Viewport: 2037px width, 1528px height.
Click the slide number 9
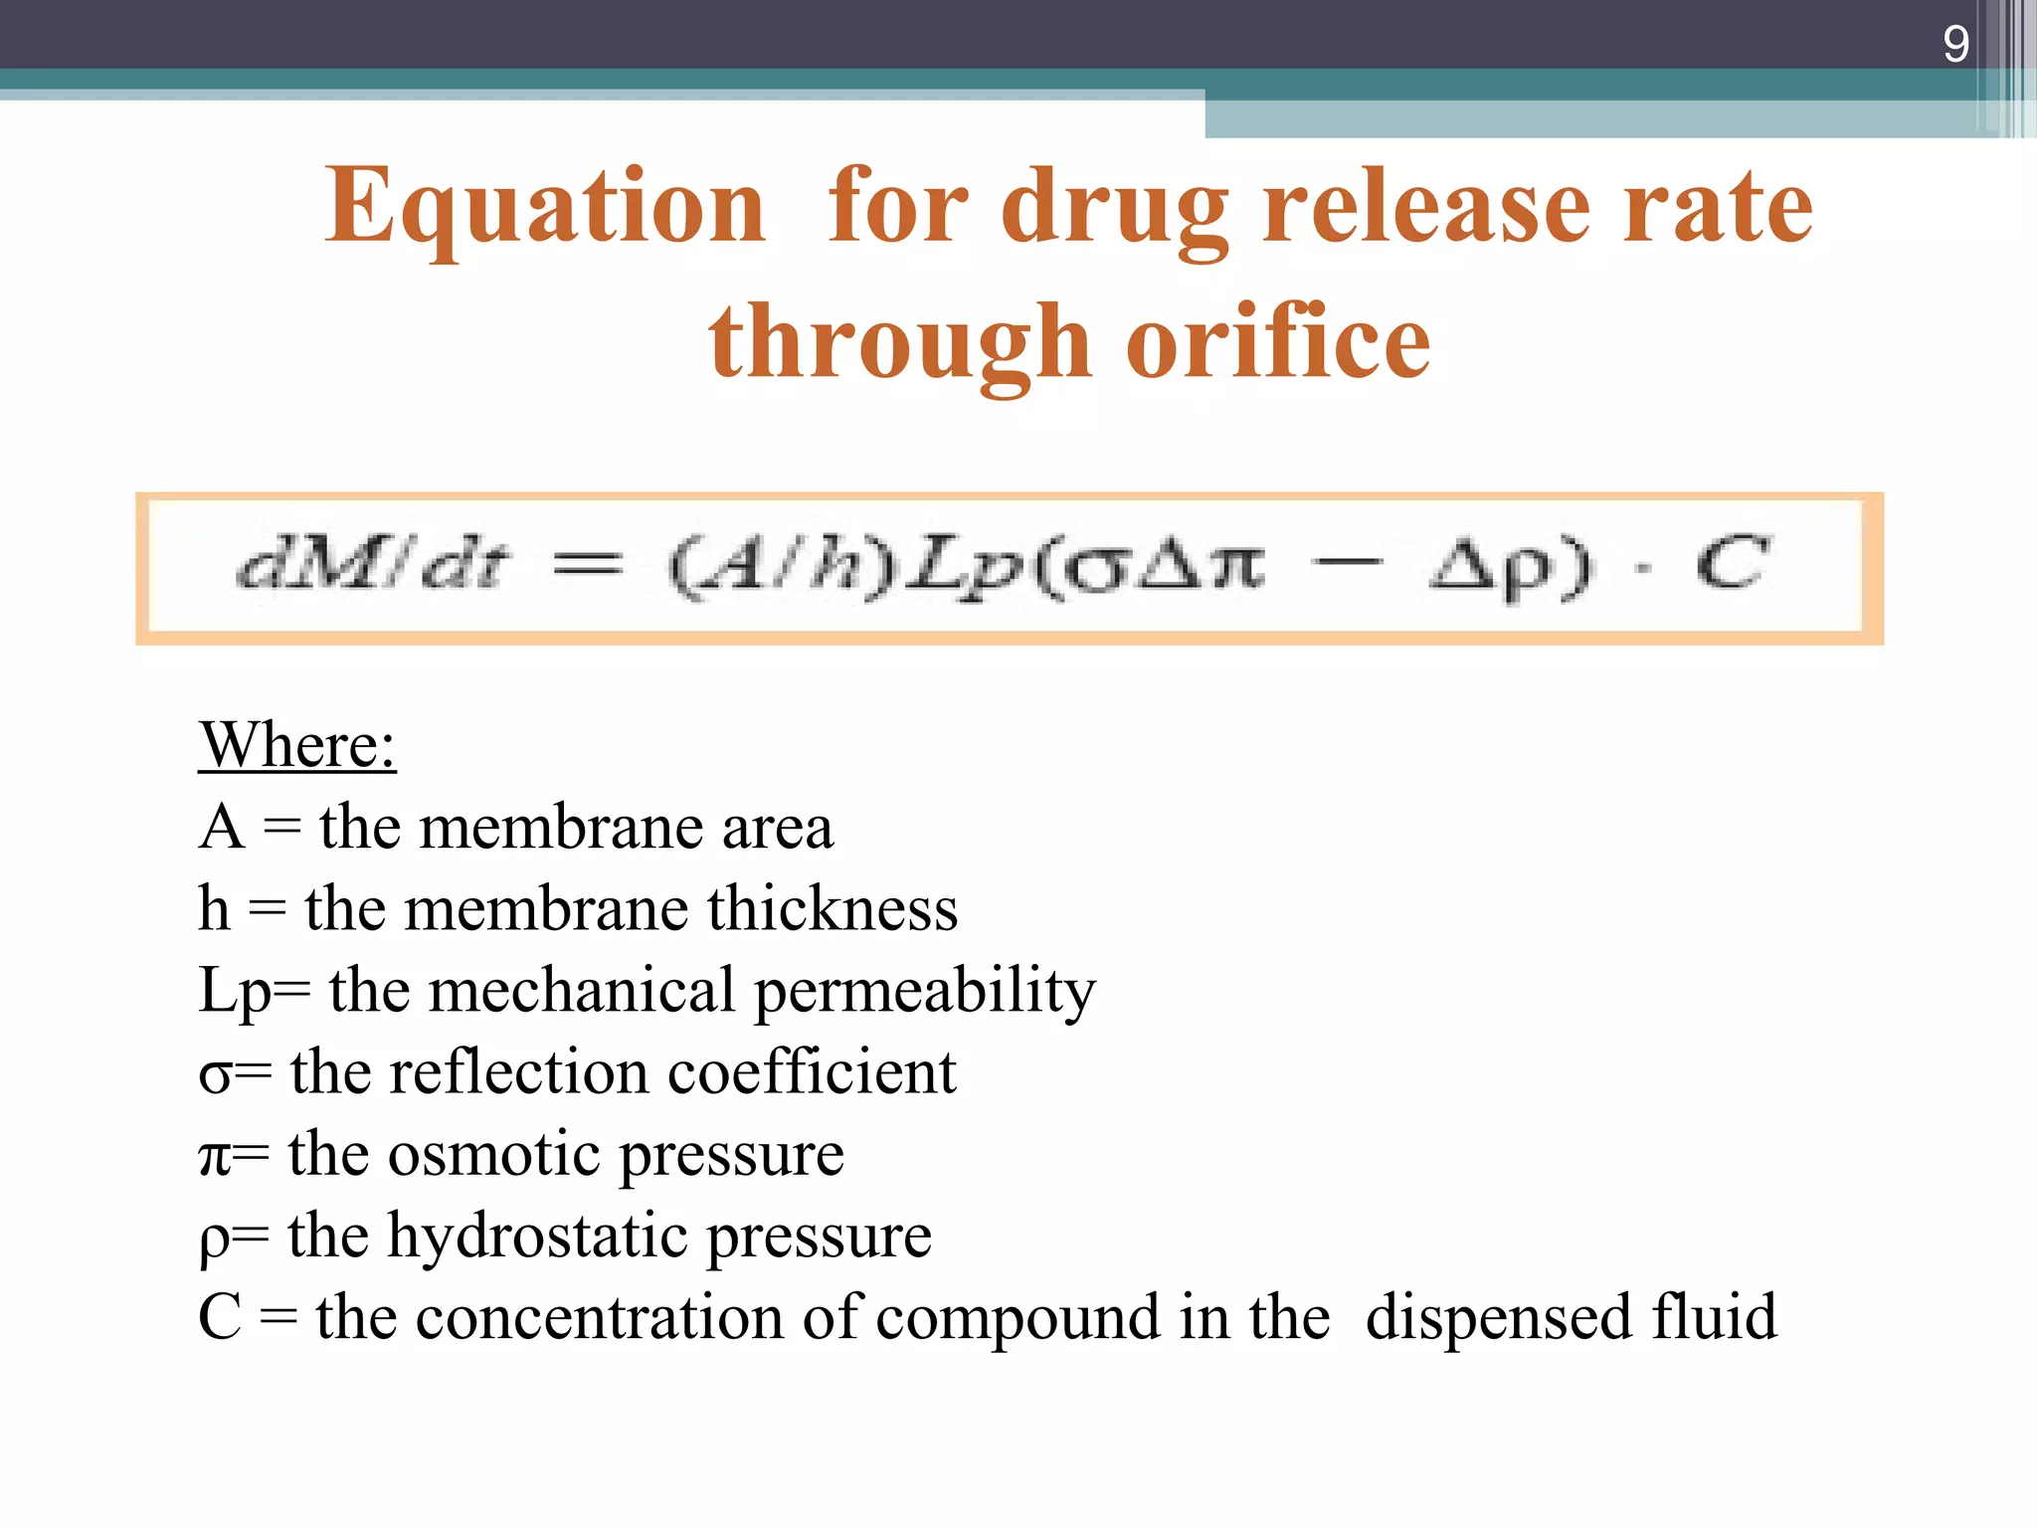(1955, 44)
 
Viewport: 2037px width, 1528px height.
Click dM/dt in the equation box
(371, 565)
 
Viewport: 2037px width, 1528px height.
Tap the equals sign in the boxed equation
(587, 565)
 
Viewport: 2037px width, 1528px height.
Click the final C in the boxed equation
(1732, 563)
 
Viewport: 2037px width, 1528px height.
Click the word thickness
(833, 908)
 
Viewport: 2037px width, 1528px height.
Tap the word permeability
(925, 992)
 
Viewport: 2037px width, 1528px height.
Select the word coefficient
(812, 1072)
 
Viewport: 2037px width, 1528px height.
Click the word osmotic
(493, 1154)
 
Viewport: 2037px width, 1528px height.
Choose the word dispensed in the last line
(1498, 1317)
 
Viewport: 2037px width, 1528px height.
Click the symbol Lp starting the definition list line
(235, 992)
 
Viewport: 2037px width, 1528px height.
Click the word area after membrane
(777, 828)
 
